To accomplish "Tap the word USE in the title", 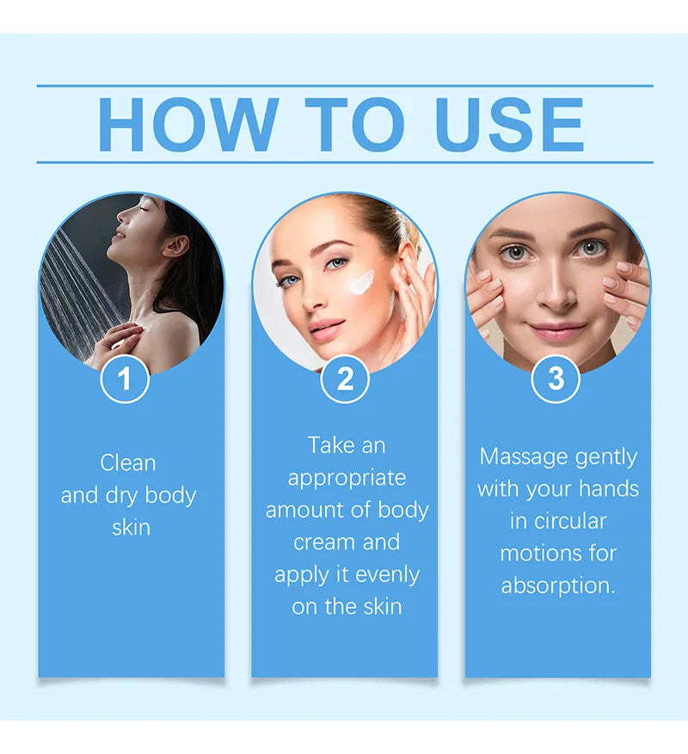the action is pyautogui.click(x=509, y=125).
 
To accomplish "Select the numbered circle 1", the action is pyautogui.click(x=125, y=378).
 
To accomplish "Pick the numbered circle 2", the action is pyautogui.click(x=345, y=378).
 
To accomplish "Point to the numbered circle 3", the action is pyautogui.click(x=556, y=378).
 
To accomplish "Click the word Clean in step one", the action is pyautogui.click(x=128, y=463).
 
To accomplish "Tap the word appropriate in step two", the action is pyautogui.click(x=347, y=479).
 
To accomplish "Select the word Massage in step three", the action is pyautogui.click(x=524, y=457).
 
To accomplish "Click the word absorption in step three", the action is pyautogui.click(x=558, y=586).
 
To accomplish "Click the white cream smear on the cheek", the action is pyautogui.click(x=362, y=282).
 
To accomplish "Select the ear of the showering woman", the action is pyautogui.click(x=176, y=245).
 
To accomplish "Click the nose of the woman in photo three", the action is pyautogui.click(x=556, y=293).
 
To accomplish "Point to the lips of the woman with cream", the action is pyautogui.click(x=326, y=329).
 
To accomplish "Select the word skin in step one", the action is pyautogui.click(x=131, y=528).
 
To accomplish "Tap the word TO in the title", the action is pyautogui.click(x=355, y=125).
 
